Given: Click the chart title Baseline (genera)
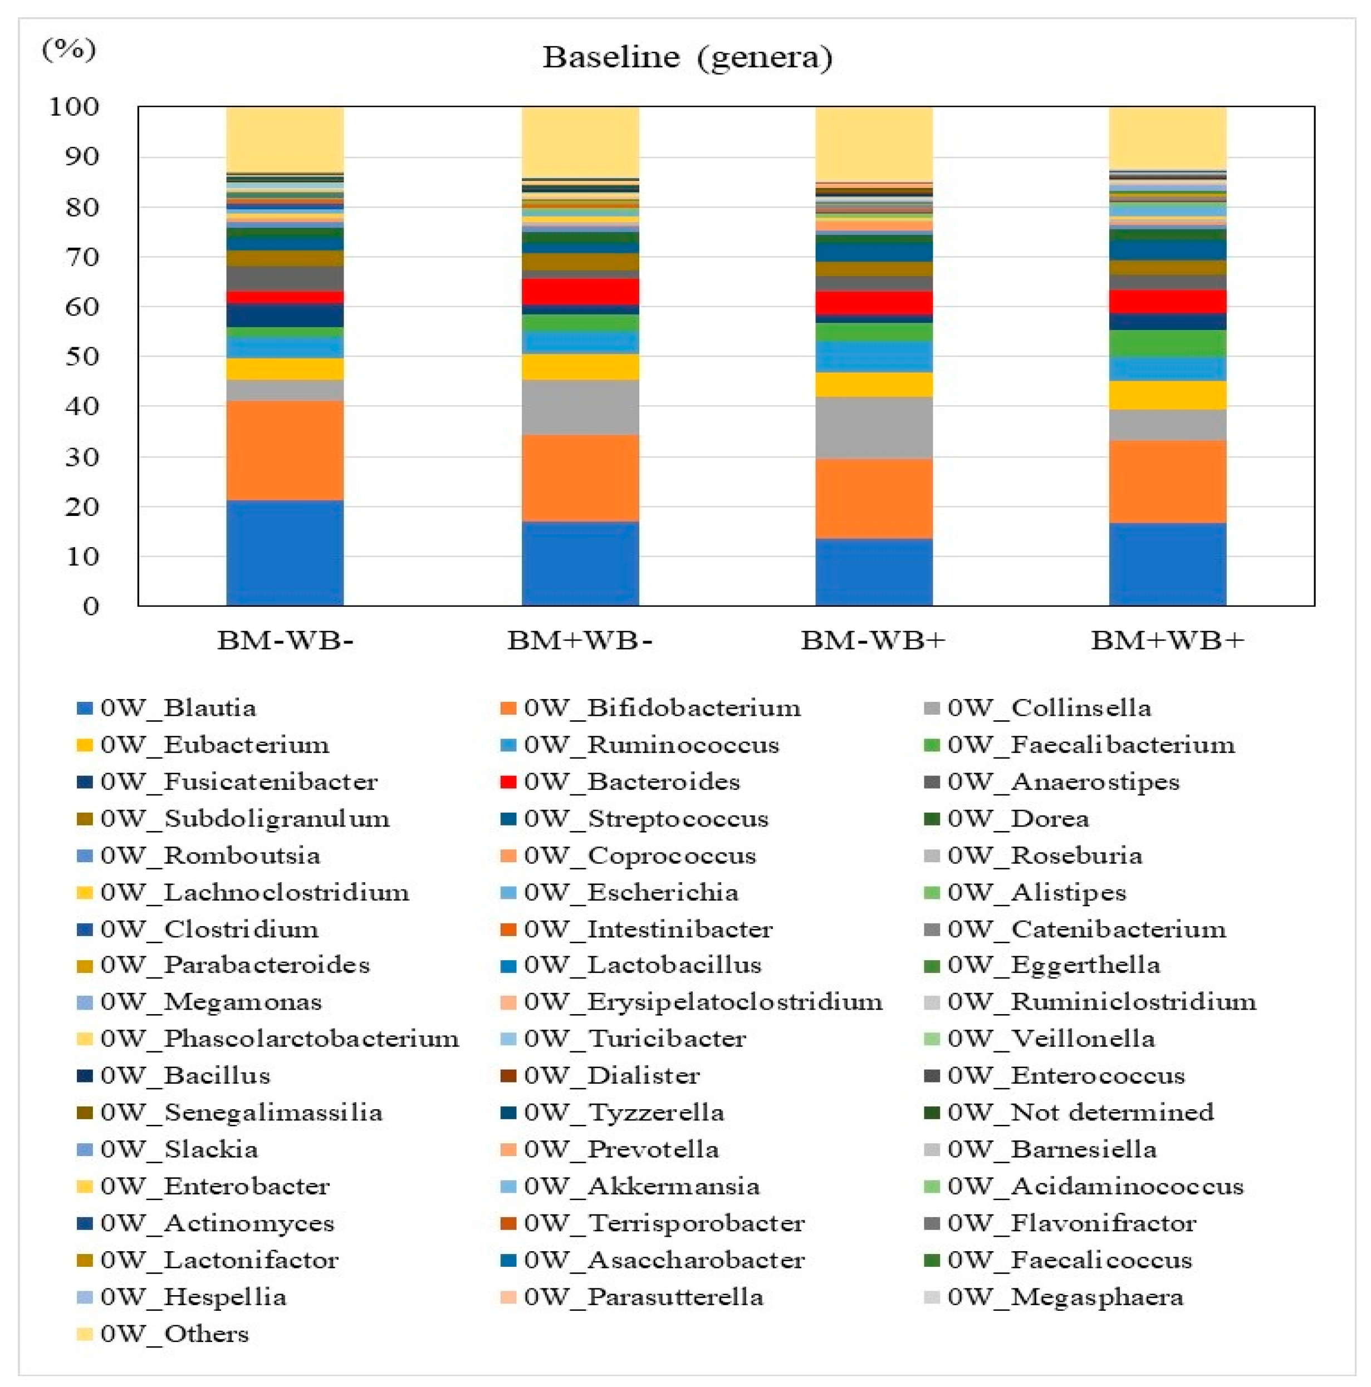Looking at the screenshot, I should pos(687,57).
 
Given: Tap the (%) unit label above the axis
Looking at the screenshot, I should pos(68,49).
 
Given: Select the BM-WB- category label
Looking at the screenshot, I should pos(285,640).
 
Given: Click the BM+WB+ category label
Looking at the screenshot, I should pos(1167,640).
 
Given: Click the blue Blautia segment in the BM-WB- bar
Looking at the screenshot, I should pos(285,553).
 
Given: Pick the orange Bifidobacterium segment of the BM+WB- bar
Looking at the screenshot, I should pos(580,478).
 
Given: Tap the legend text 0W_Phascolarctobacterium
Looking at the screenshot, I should pos(278,1039).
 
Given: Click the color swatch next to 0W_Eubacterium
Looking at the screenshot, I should pos(85,745).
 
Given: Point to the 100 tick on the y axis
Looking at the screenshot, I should pos(74,107).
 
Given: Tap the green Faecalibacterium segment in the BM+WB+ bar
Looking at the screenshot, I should pos(1167,344).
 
